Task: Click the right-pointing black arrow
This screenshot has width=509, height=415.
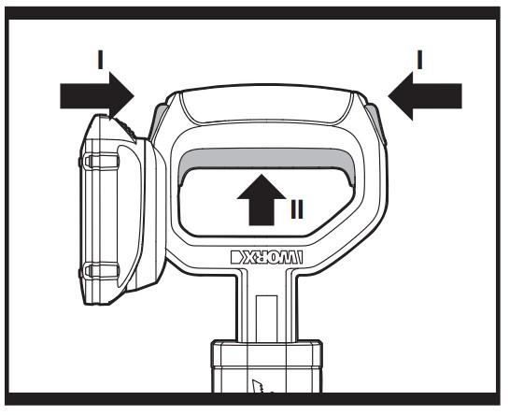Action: point(97,96)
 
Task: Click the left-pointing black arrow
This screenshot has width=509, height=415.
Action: point(425,96)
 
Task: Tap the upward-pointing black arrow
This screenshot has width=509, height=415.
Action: point(262,200)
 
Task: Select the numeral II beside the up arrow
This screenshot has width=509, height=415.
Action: point(297,209)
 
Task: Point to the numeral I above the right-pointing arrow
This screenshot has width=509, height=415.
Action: point(101,60)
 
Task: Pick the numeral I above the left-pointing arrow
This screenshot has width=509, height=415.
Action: point(419,60)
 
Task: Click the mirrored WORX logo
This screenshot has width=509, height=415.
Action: point(266,257)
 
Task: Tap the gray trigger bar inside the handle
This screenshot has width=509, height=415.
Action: point(267,160)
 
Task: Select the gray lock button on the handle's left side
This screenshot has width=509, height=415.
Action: point(158,122)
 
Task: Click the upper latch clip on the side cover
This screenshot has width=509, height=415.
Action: point(101,161)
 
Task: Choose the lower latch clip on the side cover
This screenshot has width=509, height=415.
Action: point(101,270)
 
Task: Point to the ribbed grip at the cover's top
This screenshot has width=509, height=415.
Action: point(126,129)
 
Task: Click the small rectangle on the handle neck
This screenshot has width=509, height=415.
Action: point(266,319)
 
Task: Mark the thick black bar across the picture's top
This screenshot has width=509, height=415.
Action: point(252,13)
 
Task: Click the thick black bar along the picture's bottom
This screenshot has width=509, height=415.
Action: point(252,399)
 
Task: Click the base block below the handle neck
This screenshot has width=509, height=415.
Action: point(267,366)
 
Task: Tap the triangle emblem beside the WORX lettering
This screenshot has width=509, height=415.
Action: point(236,257)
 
